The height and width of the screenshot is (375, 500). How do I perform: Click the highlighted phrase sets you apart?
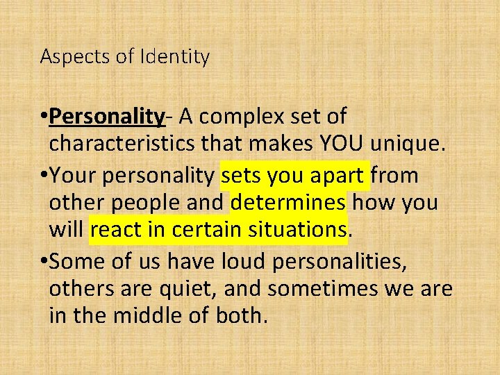[294, 176]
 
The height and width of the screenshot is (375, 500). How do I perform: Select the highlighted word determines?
[288, 203]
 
